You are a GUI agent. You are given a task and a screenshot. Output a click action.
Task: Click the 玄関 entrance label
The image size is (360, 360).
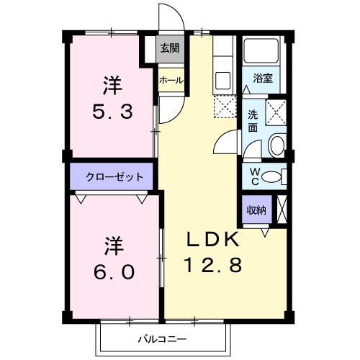[171, 49]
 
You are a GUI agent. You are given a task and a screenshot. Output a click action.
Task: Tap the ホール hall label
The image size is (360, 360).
[171, 80]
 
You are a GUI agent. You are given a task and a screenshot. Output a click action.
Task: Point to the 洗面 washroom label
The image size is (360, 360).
[253, 121]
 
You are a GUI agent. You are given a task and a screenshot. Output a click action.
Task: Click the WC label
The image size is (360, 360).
[253, 175]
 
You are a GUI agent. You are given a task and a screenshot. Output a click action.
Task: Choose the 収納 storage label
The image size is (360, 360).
[256, 210]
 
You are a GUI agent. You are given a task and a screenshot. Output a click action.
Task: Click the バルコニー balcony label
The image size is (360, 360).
[163, 338]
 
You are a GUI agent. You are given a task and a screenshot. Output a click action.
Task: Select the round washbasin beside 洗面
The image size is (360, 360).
[276, 146]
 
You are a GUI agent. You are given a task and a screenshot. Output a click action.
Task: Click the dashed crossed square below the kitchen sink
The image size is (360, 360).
[222, 107]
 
